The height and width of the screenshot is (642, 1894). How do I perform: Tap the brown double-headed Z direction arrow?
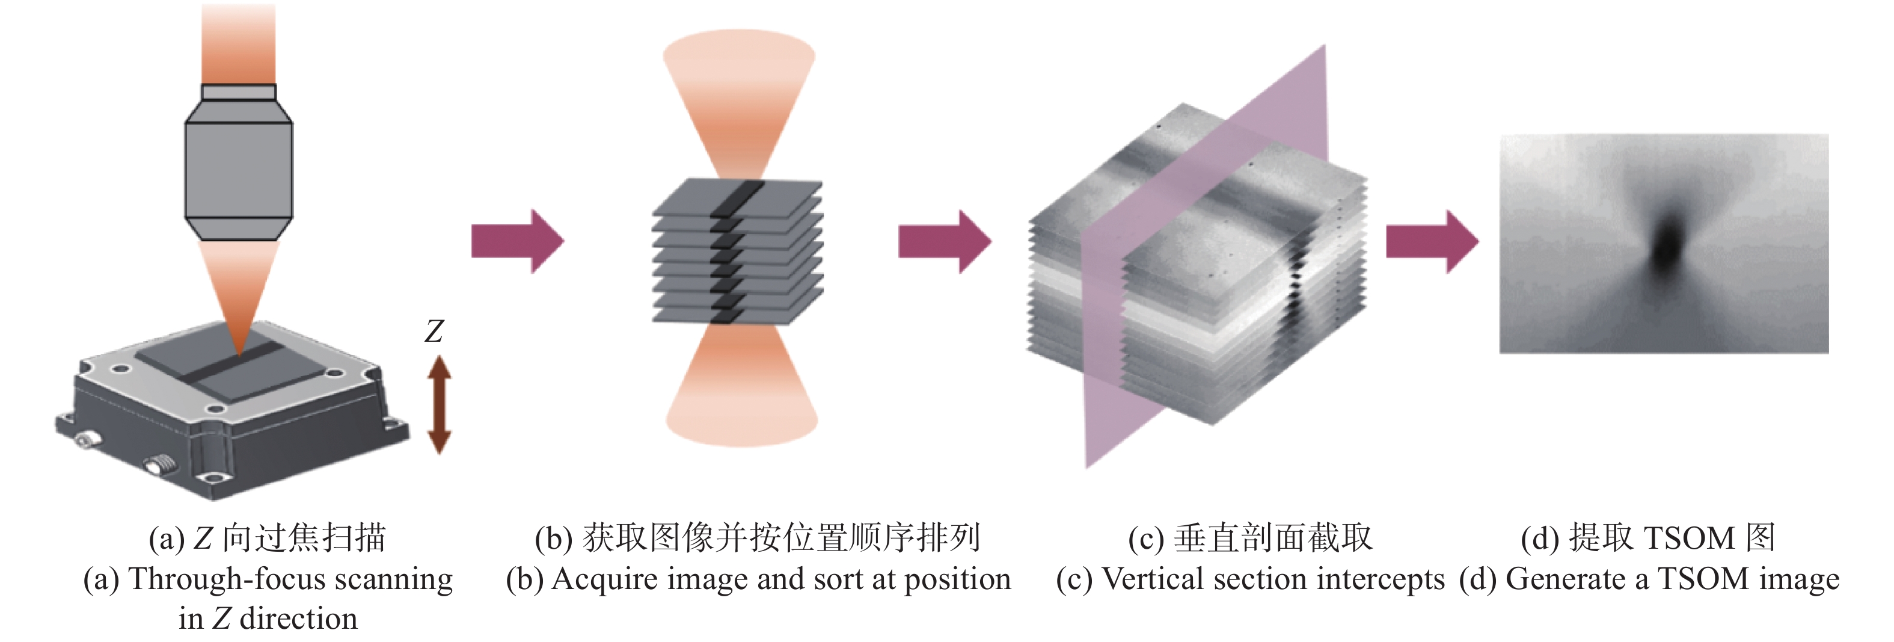[x=439, y=404]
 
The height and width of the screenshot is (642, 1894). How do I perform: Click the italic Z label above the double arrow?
[x=434, y=331]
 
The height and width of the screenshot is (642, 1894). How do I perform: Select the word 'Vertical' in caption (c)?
[x=1152, y=579]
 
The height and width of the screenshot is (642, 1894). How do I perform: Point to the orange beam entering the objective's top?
[x=238, y=44]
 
